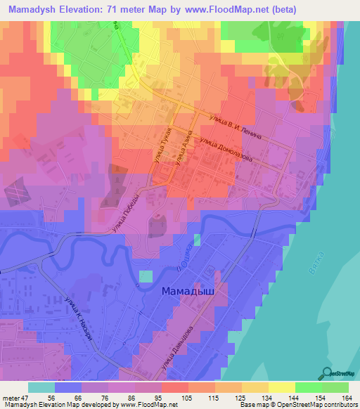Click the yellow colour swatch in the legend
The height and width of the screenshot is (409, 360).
(x=282, y=387)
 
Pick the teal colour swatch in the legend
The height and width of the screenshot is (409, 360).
(x=41, y=387)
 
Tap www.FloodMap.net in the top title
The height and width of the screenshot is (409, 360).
(x=219, y=9)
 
